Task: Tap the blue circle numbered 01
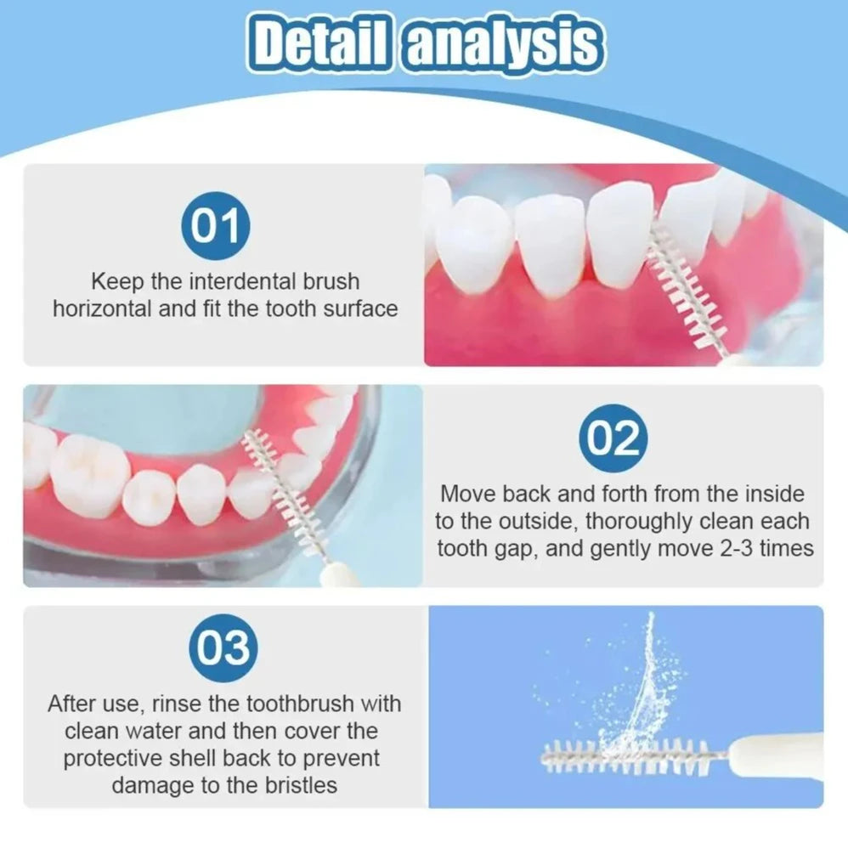click(215, 228)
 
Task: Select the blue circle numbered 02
click(613, 439)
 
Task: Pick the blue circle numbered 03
click(224, 648)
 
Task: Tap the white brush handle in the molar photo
click(334, 575)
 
